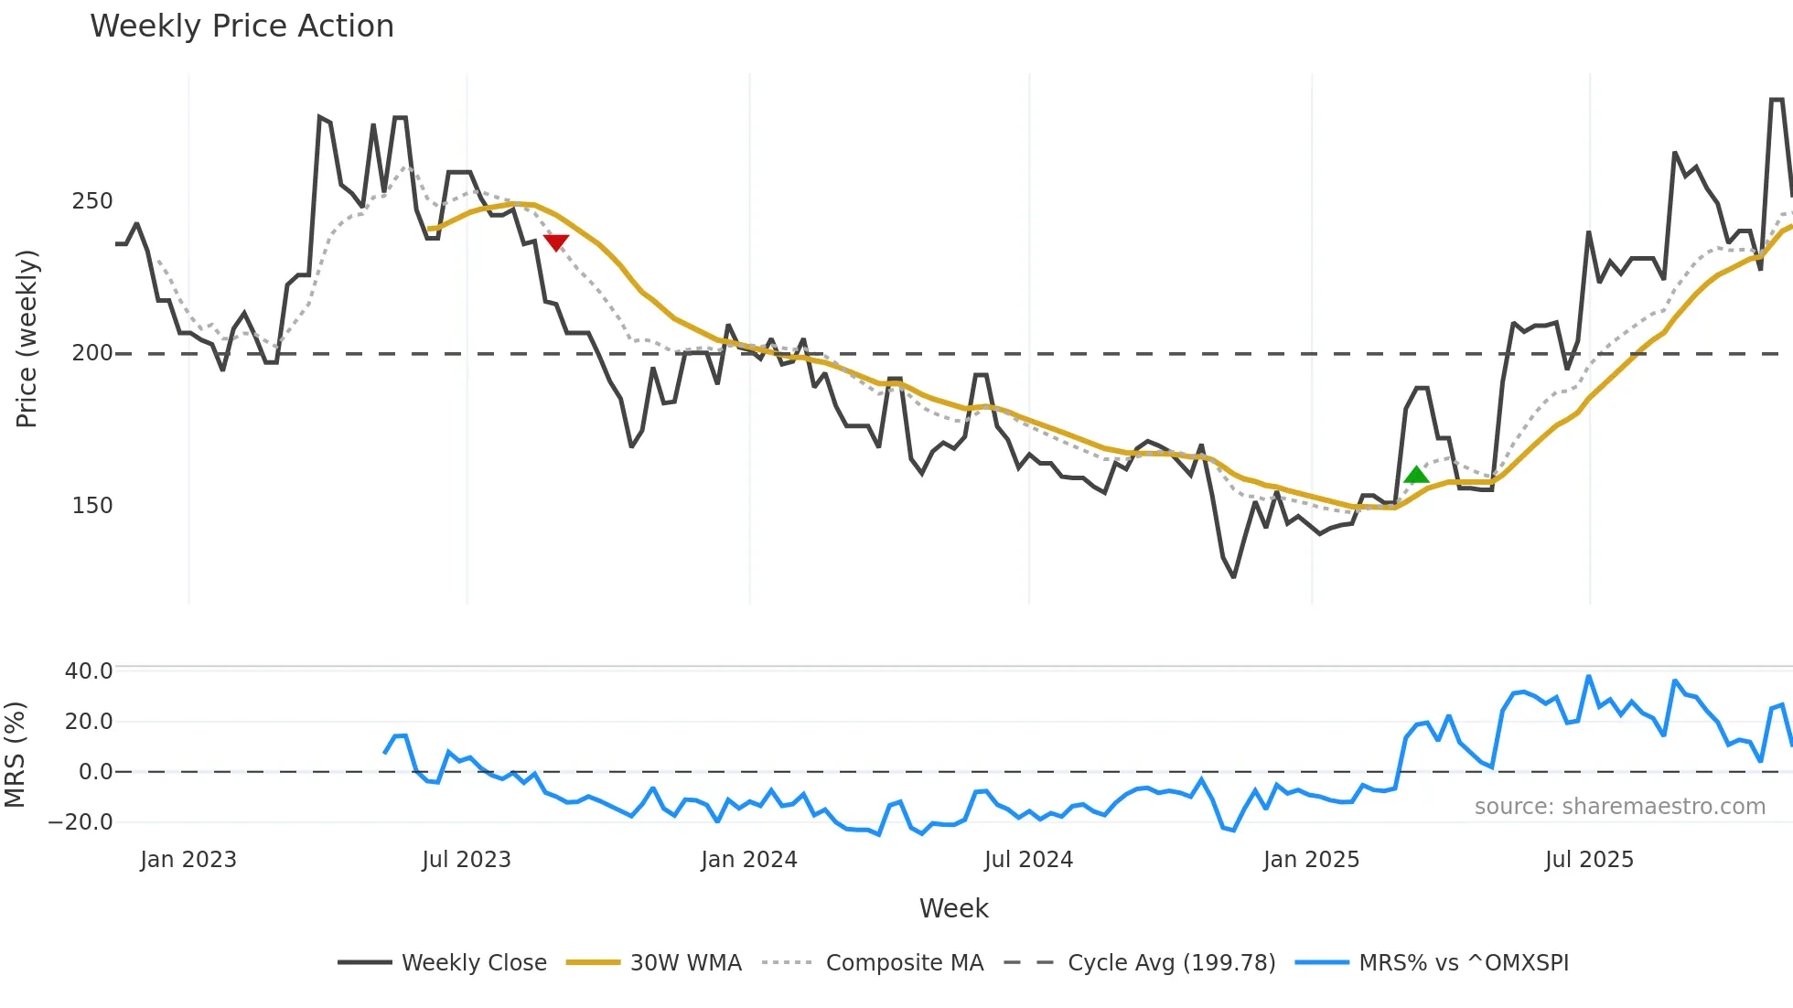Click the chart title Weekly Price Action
point(242,27)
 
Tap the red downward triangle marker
point(556,242)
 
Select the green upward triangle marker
point(1416,474)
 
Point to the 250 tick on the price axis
point(92,201)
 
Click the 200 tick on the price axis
point(92,353)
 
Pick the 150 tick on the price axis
point(92,506)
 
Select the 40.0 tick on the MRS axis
point(89,670)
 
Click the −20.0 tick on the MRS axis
point(81,821)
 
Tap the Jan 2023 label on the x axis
point(188,860)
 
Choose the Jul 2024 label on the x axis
point(1028,860)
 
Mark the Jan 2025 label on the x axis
point(1311,860)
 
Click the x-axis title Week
point(953,908)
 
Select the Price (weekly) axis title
point(27,338)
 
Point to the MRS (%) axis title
point(15,755)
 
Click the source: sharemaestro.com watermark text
point(1619,807)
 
